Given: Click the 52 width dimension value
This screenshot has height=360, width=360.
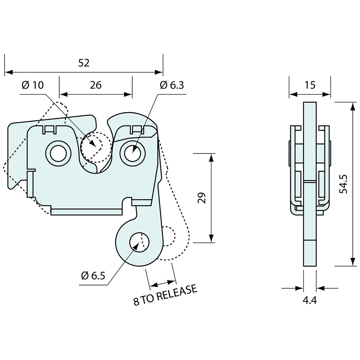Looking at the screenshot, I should [x=84, y=63].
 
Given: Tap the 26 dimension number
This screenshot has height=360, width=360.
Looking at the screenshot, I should [x=96, y=85].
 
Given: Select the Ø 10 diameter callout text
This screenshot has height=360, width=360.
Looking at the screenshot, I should [x=32, y=85].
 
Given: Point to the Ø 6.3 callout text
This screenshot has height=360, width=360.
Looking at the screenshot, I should [x=172, y=85].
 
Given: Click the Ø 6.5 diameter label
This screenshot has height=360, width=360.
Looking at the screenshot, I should [x=93, y=276].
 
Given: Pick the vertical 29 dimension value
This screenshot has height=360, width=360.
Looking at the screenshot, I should [x=202, y=198].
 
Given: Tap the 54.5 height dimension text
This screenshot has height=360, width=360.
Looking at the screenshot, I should [x=343, y=184].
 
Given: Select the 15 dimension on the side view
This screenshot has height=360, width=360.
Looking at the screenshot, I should [x=310, y=85].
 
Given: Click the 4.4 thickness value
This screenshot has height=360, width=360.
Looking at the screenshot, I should [x=310, y=300].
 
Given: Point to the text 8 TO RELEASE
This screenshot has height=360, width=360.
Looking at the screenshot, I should [x=166, y=295].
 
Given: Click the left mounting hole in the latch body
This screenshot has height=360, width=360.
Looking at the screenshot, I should [x=58, y=153].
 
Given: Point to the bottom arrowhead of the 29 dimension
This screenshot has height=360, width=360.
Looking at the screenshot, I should [x=211, y=239].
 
